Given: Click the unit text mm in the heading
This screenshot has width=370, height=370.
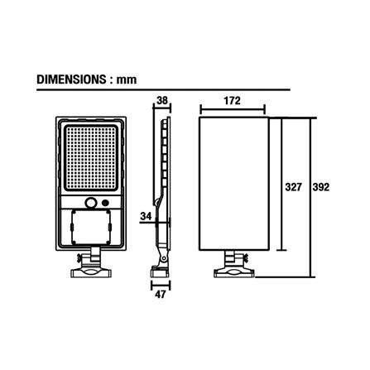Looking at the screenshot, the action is [127, 80].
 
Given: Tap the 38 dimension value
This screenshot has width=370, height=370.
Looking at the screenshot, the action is [162, 101].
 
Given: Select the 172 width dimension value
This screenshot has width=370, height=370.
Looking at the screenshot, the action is [232, 101].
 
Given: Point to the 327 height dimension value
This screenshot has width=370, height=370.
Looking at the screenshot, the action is [293, 187].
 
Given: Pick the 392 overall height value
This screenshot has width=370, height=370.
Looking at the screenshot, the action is [321, 187].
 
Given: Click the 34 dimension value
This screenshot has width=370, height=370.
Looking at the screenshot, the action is [146, 216].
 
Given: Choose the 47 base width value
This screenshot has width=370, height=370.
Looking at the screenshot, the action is [161, 295].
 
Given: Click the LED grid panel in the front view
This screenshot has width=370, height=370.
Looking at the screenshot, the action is [91, 158].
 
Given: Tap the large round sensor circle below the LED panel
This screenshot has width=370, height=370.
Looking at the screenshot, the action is [90, 203].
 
